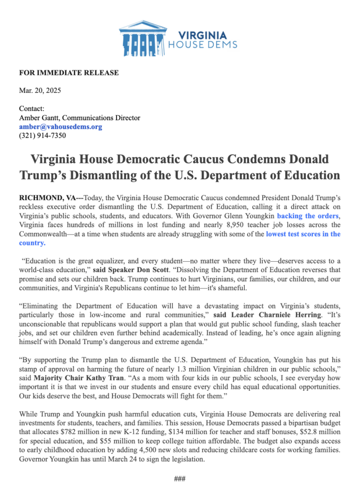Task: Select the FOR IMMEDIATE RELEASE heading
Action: point(69,73)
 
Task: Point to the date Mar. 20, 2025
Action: point(40,91)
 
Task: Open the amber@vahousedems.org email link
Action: point(60,127)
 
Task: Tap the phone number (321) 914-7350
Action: point(42,135)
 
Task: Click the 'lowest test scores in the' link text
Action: point(303,234)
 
